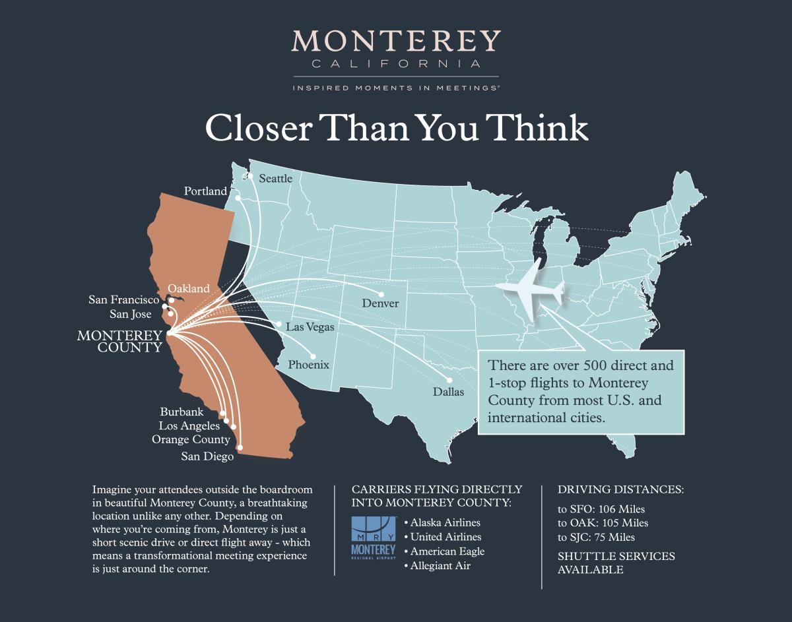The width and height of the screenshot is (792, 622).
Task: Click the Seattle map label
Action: click(275, 178)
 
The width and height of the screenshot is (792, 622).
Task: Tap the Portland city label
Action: click(205, 191)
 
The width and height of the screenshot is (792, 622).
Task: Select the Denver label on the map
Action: click(380, 303)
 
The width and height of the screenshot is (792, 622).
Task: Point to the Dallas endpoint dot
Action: click(449, 380)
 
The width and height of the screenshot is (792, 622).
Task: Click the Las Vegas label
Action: click(310, 327)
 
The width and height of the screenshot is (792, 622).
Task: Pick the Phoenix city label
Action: click(308, 365)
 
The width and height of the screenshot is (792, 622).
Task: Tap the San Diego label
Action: click(207, 456)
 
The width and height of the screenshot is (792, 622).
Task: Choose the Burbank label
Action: click(181, 412)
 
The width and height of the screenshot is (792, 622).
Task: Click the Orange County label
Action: click(191, 439)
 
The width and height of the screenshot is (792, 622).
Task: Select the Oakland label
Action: click(189, 288)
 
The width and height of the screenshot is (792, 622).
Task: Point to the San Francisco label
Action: click(124, 300)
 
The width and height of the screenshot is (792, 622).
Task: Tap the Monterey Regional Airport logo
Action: click(374, 539)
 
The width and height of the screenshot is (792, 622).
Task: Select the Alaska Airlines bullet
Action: click(442, 522)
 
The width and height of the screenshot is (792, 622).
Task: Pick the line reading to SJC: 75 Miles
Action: click(597, 537)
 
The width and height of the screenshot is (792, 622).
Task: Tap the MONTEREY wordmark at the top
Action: click(396, 42)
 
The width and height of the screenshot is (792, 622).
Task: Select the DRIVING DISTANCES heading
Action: click(620, 490)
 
